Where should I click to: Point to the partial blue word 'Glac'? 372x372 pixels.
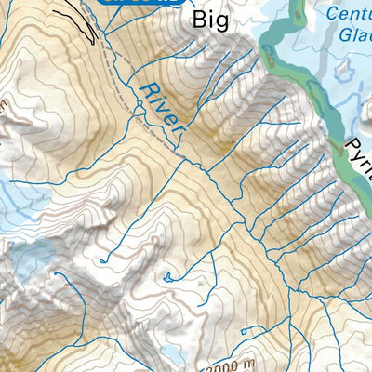click(x=354, y=34)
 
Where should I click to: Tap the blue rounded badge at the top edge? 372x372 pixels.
click(x=139, y=3)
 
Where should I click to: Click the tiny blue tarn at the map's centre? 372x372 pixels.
click(x=166, y=276)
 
